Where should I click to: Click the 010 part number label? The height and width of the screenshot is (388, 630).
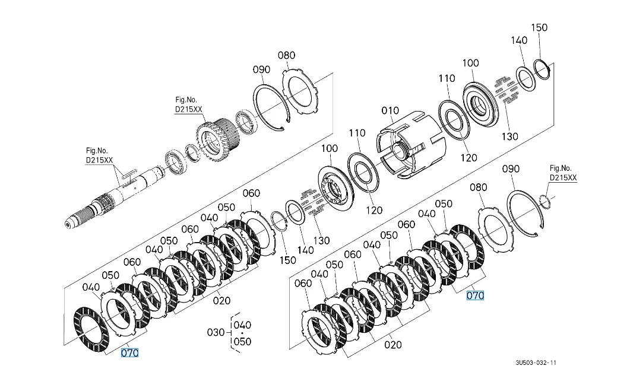click(x=391, y=111)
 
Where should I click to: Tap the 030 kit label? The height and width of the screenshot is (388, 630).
click(x=216, y=333)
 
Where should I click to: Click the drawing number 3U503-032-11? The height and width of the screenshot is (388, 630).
click(x=536, y=362)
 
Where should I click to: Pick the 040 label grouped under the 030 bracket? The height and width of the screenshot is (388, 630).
click(x=242, y=325)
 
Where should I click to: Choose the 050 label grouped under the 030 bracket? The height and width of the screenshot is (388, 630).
click(x=242, y=341)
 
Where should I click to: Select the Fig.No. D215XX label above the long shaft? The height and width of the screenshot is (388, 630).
click(x=98, y=156)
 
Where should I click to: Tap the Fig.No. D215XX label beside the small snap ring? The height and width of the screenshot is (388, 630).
click(x=562, y=173)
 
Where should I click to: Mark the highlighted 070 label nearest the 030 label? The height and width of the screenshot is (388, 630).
click(x=129, y=353)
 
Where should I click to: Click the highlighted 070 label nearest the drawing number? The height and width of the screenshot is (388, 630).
click(x=475, y=295)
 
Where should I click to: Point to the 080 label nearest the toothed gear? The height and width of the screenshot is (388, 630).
click(x=286, y=55)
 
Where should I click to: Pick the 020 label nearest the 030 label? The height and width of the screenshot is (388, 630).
click(x=221, y=300)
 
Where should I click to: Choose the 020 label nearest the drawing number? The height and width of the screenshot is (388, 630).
click(x=393, y=344)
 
